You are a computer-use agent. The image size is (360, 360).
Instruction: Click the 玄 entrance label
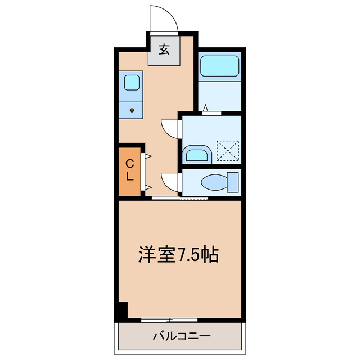(164, 49)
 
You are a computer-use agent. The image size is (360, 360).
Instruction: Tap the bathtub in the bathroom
(220, 66)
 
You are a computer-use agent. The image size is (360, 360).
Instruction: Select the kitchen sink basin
(132, 83)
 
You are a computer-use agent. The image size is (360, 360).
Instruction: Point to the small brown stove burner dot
(132, 110)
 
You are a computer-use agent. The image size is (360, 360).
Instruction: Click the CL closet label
(129, 170)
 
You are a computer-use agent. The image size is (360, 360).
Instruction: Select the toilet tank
(233, 182)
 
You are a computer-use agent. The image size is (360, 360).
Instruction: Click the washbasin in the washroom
(196, 154)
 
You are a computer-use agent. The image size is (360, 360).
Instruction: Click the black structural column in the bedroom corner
(123, 310)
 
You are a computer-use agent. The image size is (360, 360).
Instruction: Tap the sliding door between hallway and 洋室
(180, 198)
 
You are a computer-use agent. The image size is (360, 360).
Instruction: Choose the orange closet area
(129, 170)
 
